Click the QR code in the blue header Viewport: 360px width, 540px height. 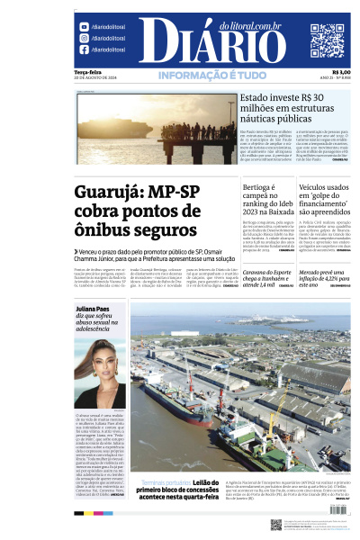(327, 40)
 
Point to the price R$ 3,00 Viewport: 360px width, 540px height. (342, 73)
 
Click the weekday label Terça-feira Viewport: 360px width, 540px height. (88, 73)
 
